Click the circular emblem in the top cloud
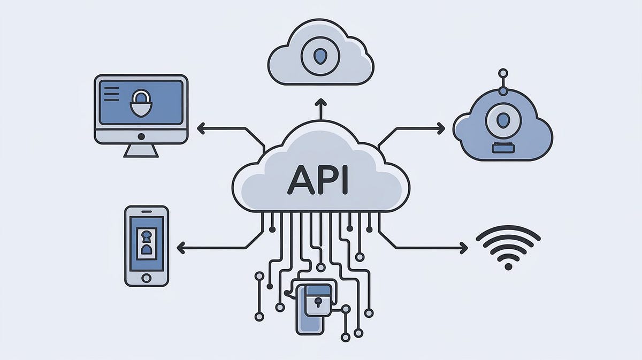point(319,55)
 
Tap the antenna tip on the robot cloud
point(502,72)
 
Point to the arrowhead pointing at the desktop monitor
point(201,128)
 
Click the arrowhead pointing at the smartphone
point(181,247)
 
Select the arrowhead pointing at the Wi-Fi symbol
point(464,247)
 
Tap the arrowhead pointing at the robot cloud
point(441,128)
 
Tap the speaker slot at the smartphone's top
point(146,212)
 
